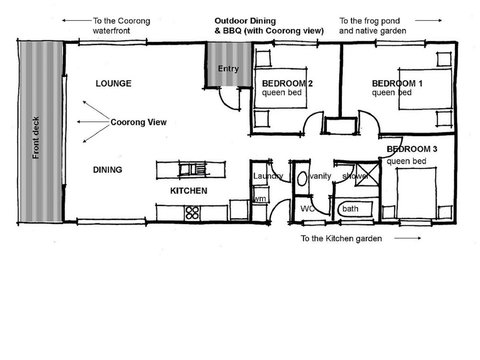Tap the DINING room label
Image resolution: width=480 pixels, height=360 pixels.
[x=107, y=170]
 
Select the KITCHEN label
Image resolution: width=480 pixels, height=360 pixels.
[x=188, y=190]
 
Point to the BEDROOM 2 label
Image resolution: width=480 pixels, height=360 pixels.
[x=288, y=83]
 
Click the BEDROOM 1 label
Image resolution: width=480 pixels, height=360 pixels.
[x=397, y=83]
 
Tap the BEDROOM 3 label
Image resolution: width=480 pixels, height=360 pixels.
[x=412, y=149]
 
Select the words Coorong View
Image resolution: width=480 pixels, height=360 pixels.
[x=140, y=122]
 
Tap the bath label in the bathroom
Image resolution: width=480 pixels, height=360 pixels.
[x=349, y=209]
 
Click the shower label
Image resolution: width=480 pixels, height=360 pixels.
[x=356, y=176]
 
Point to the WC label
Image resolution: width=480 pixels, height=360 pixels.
[x=309, y=209]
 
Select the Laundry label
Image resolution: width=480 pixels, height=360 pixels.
[x=268, y=176]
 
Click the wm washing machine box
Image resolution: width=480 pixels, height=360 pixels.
[x=259, y=199]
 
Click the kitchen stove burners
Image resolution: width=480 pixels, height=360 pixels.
[x=191, y=211]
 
